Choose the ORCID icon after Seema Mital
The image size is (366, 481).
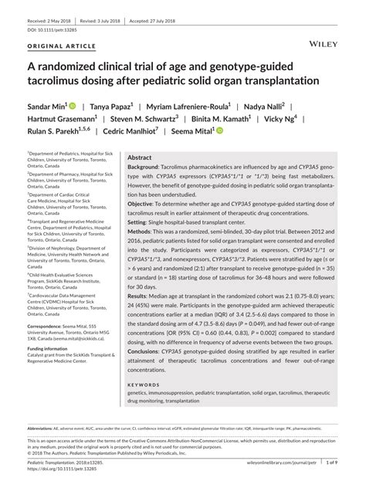tap(219, 132)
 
